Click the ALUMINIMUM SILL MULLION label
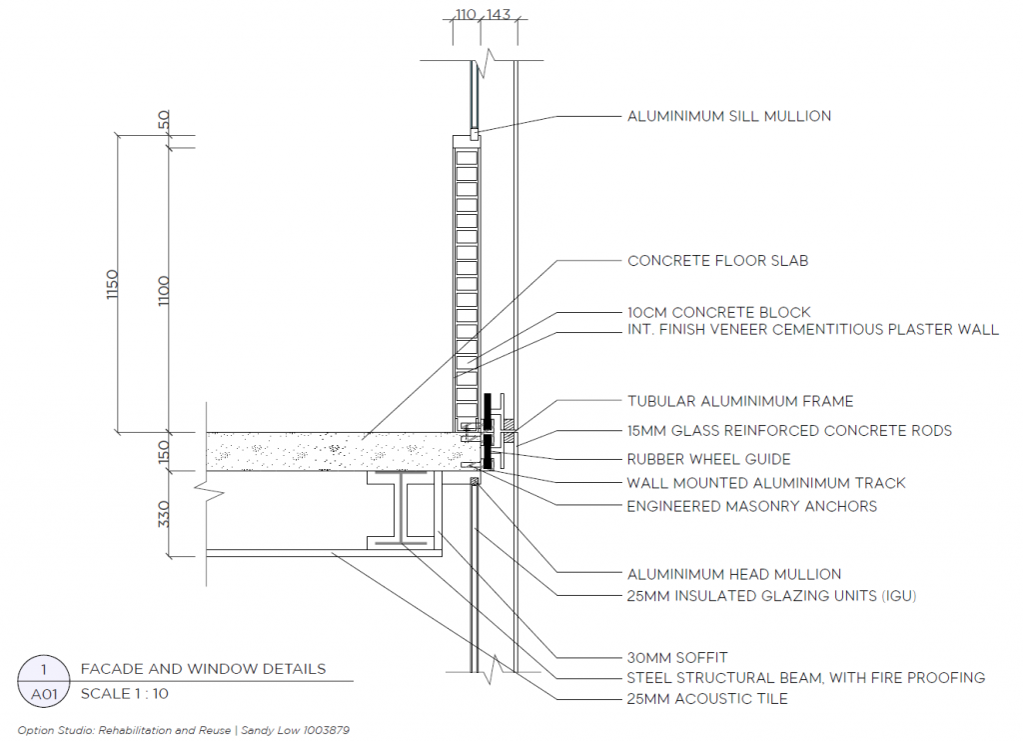[728, 116]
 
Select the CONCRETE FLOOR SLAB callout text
[717, 261]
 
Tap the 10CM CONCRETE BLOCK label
[719, 312]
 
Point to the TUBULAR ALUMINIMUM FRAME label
[740, 402]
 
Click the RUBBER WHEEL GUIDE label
[708, 459]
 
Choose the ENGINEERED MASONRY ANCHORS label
[751, 506]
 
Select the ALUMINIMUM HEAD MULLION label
[734, 575]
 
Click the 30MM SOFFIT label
[677, 657]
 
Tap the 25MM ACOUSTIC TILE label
[707, 699]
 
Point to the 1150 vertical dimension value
[112, 284]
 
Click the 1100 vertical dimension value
[163, 291]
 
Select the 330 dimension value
[164, 514]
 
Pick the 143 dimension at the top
[499, 14]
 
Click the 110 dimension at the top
[466, 14]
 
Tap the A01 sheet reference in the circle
[44, 694]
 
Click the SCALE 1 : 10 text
[125, 693]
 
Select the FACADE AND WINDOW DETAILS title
[203, 669]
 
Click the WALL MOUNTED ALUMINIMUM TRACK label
[766, 483]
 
